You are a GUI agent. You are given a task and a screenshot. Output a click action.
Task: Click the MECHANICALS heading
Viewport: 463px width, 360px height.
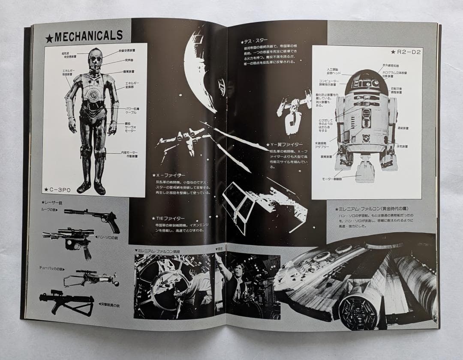pos(88,36)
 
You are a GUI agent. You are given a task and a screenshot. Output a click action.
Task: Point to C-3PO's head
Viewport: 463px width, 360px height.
pos(95,59)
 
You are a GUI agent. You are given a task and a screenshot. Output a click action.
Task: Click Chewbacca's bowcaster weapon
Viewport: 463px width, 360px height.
pos(90,278)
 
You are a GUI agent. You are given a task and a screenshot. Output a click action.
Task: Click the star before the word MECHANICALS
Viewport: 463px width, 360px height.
pos(49,38)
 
